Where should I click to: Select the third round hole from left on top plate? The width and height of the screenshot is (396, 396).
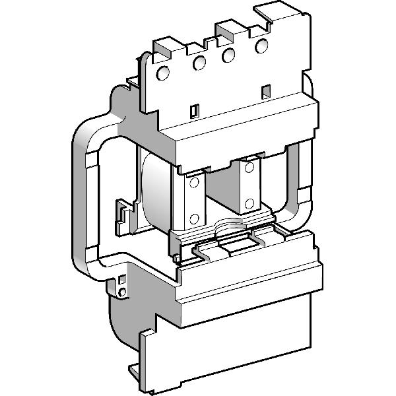pyautogui.click(x=228, y=55)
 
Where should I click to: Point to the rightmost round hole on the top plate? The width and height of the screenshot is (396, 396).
pyautogui.click(x=262, y=46)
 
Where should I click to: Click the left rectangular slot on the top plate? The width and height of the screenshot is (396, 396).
pyautogui.click(x=195, y=110)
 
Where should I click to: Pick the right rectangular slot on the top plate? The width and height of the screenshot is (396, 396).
pyautogui.click(x=265, y=90)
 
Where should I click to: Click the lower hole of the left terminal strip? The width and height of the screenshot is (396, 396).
pyautogui.click(x=195, y=218)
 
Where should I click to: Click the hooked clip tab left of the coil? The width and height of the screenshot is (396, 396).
pyautogui.click(x=123, y=214)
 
